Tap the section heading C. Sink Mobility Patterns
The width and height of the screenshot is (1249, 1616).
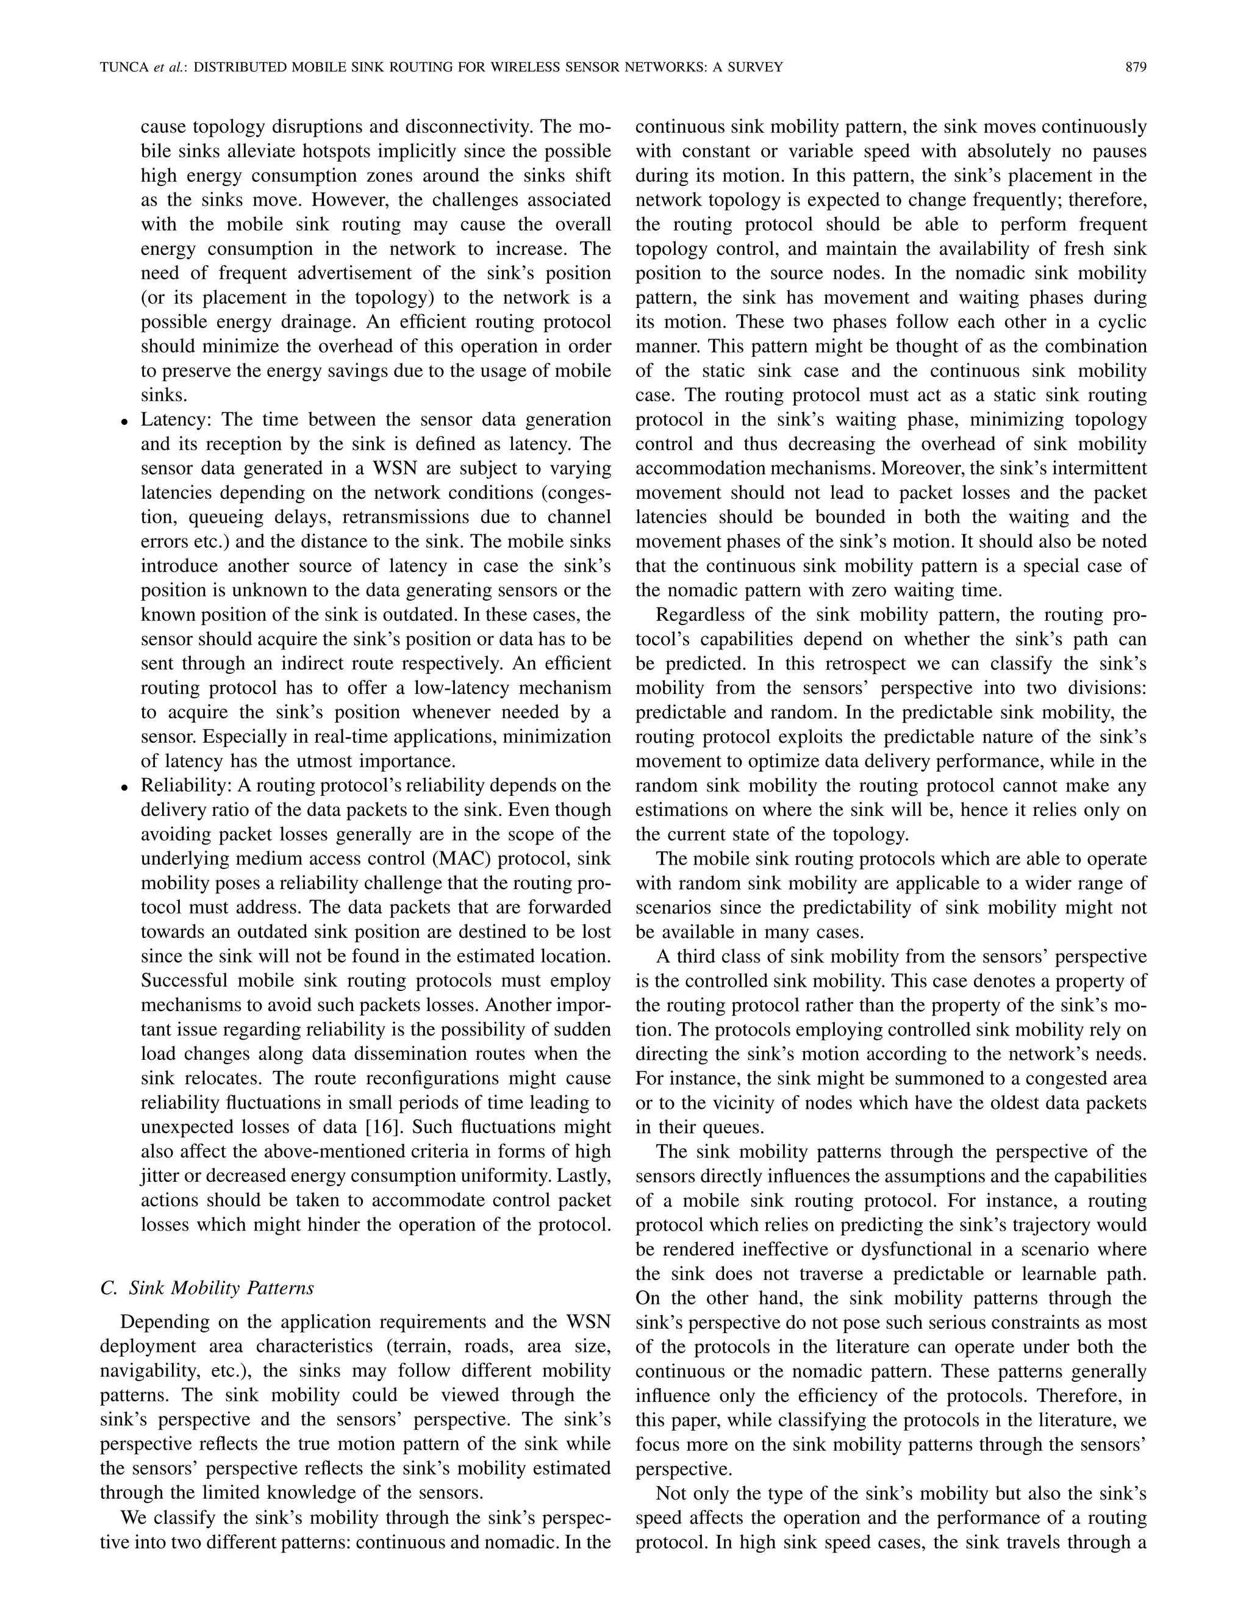(x=207, y=1288)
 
